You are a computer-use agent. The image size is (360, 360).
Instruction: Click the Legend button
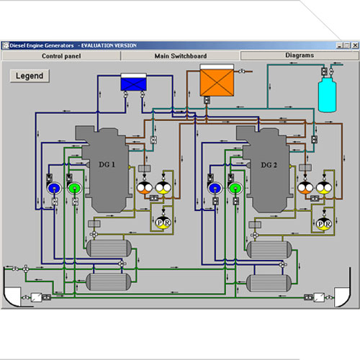click(30, 76)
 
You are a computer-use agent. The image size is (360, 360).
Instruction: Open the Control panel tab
click(61, 56)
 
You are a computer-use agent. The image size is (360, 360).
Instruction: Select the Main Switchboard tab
click(181, 56)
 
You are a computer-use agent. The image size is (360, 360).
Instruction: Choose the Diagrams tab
click(300, 55)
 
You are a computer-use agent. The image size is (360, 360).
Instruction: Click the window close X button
click(355, 45)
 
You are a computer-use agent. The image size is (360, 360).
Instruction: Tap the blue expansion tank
click(133, 82)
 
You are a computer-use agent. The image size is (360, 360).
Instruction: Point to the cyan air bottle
click(327, 94)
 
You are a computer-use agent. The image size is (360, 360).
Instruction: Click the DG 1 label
click(107, 165)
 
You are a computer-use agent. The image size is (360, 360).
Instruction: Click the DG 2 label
click(269, 165)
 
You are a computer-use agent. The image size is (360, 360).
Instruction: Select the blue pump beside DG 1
click(54, 188)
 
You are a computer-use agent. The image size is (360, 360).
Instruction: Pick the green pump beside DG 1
click(75, 188)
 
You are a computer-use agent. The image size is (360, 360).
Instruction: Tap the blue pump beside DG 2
click(215, 188)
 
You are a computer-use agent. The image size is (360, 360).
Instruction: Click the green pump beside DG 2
click(235, 188)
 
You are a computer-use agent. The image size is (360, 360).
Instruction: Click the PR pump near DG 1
click(163, 223)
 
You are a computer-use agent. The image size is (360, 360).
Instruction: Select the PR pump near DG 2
click(324, 224)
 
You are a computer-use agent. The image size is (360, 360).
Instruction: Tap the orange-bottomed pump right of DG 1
click(145, 188)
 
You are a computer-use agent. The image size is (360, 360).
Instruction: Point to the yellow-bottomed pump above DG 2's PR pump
click(324, 188)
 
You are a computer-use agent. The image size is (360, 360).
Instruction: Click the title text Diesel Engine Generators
click(42, 45)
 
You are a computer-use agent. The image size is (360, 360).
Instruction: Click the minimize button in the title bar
click(339, 45)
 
